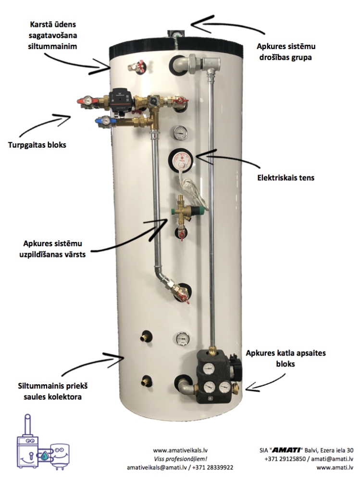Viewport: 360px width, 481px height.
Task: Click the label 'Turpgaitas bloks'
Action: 37,144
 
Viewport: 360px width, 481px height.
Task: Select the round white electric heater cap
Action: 180,160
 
